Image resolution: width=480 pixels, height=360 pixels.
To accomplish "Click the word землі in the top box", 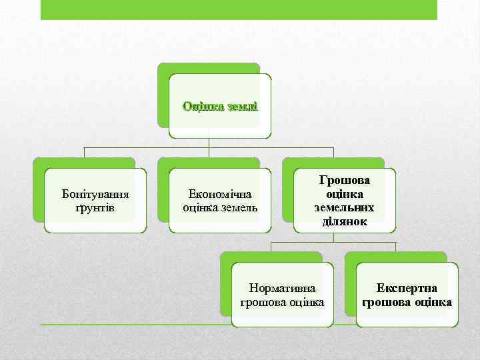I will [x=241, y=106].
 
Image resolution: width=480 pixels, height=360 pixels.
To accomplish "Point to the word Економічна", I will [x=220, y=194].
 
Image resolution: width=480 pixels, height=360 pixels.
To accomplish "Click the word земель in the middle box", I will [x=239, y=207].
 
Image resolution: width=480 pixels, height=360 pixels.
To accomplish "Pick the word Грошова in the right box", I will [x=344, y=181].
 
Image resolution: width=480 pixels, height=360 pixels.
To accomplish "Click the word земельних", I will [x=344, y=207].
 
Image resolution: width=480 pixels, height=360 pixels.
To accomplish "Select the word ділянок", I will [x=344, y=221].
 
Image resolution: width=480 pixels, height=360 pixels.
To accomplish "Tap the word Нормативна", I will [x=282, y=289].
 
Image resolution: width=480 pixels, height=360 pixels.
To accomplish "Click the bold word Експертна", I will [x=407, y=289].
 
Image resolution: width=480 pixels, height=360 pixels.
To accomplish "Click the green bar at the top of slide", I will [x=239, y=9].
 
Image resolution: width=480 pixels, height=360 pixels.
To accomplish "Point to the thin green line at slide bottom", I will [x=133, y=325].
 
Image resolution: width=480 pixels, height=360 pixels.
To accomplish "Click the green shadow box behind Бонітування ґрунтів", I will [x=39, y=193].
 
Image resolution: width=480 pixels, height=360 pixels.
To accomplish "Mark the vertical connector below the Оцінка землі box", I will [x=209, y=143].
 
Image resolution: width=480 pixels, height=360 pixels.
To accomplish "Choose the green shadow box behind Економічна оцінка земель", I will [x=163, y=193].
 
